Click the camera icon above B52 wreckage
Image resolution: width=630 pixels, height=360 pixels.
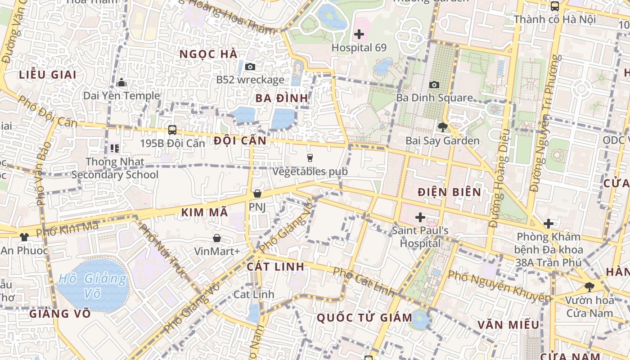pyautogui.click(x=250, y=67)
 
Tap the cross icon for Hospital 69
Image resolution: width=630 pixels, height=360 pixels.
pyautogui.click(x=359, y=34)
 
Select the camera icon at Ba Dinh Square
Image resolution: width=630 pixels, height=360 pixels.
pyautogui.click(x=434, y=85)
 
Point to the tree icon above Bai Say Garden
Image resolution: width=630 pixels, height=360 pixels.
pyautogui.click(x=442, y=127)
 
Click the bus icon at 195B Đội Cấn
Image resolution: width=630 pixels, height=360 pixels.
pyautogui.click(x=172, y=130)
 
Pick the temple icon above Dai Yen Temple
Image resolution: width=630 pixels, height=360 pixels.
pyautogui.click(x=121, y=83)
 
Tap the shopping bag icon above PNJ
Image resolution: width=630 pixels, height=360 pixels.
pyautogui.click(x=257, y=193)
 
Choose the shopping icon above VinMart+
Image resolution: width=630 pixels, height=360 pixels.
pyautogui.click(x=217, y=238)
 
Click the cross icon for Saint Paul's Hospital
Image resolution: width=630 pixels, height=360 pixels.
pyautogui.click(x=420, y=218)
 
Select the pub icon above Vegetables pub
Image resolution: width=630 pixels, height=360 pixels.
pyautogui.click(x=310, y=157)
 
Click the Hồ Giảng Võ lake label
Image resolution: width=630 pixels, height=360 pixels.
pyautogui.click(x=93, y=286)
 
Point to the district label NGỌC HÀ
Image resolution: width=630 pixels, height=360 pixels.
pyautogui.click(x=208, y=54)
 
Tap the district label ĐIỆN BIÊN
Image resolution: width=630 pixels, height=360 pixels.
pyautogui.click(x=449, y=192)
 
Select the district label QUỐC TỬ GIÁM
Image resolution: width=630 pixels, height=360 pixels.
pyautogui.click(x=364, y=318)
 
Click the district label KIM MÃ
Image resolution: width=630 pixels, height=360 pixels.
pyautogui.click(x=205, y=213)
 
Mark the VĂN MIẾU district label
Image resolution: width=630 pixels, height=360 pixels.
pyautogui.click(x=508, y=324)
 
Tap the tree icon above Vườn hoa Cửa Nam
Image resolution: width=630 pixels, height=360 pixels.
pyautogui.click(x=589, y=287)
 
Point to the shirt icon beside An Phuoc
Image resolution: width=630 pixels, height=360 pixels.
pyautogui.click(x=24, y=237)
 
